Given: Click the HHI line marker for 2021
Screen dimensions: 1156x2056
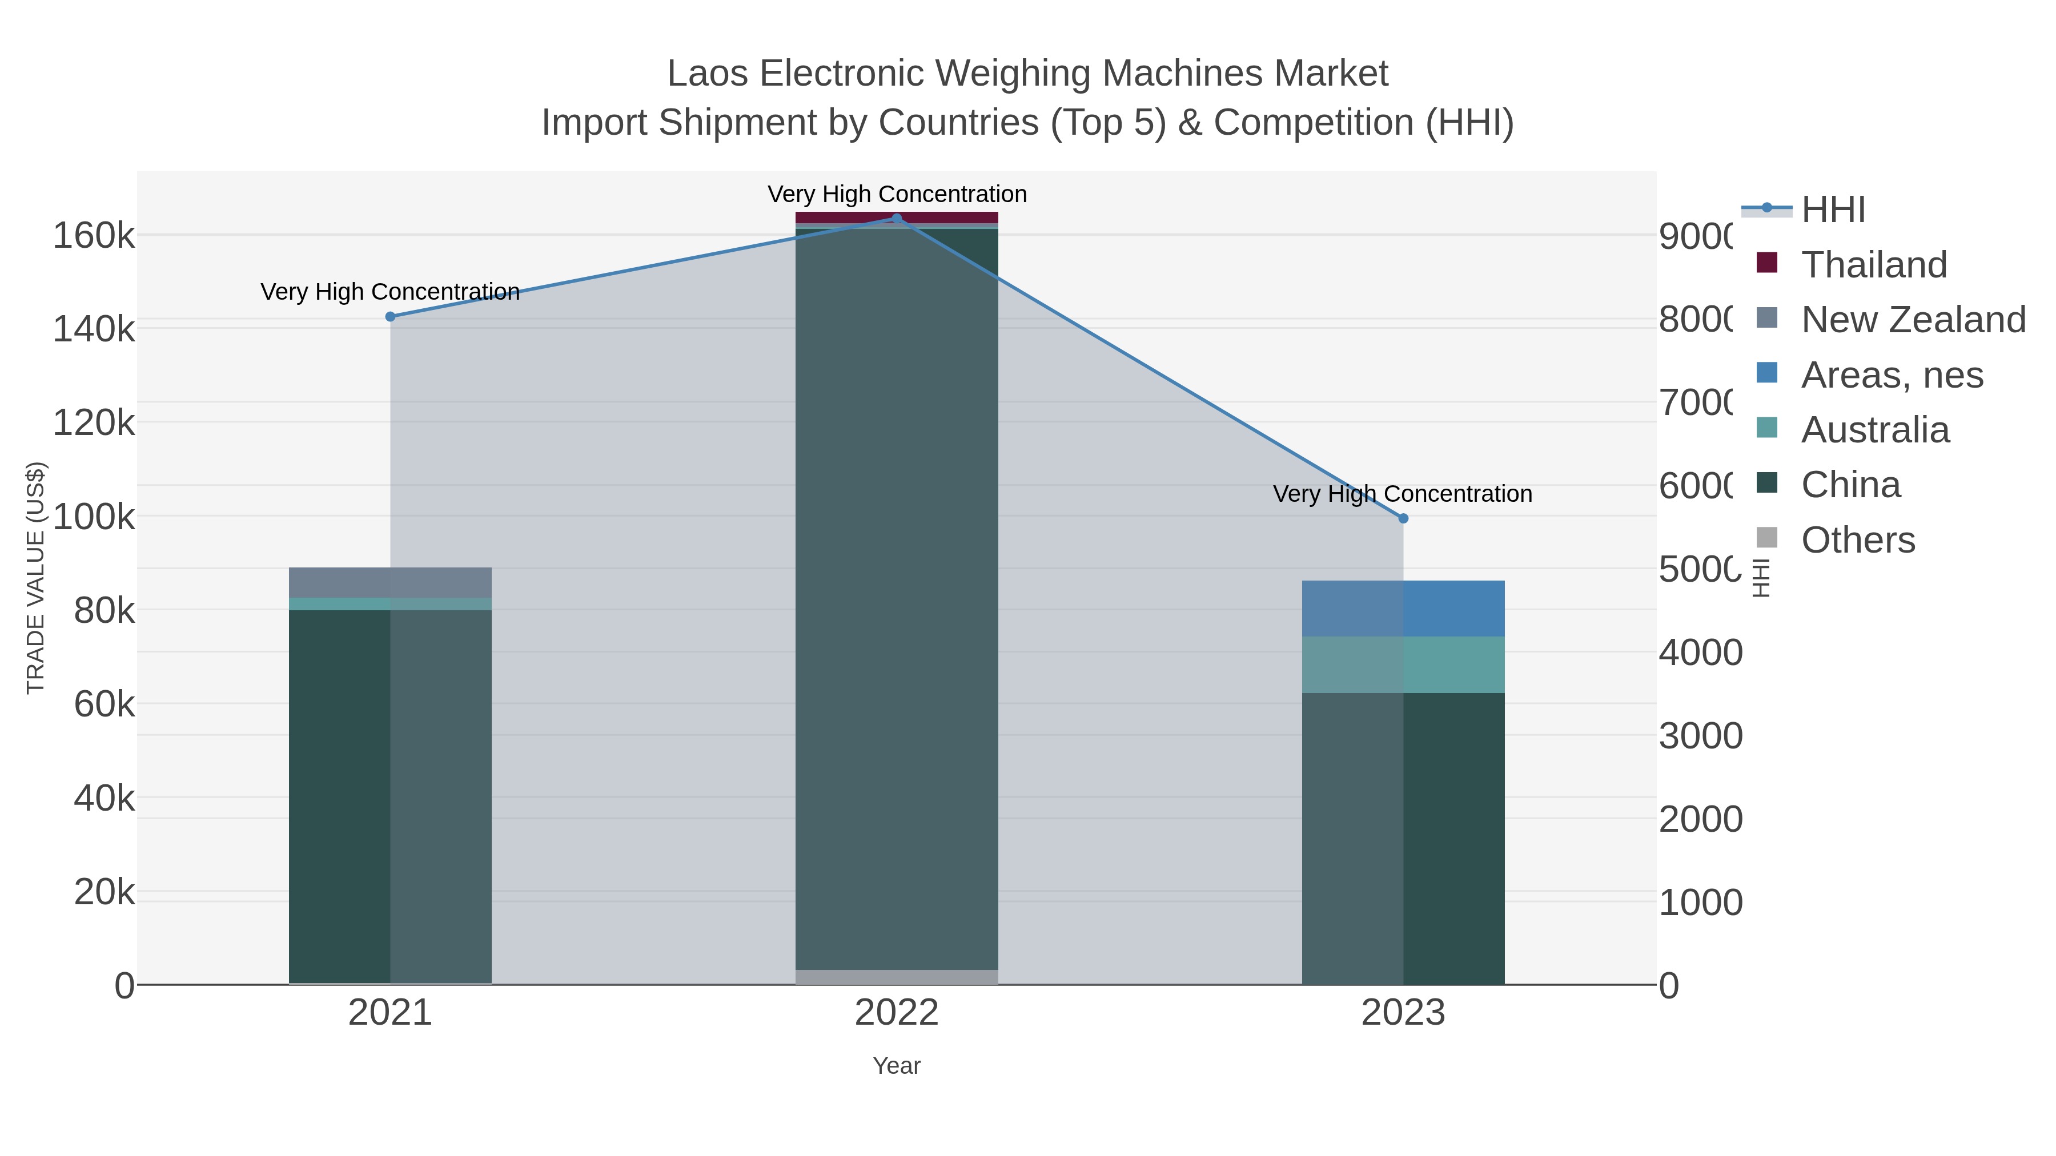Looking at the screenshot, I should [x=390, y=317].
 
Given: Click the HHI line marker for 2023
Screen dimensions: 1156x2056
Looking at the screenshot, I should [x=1403, y=518].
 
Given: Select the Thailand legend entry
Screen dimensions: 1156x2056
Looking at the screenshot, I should [x=1873, y=265].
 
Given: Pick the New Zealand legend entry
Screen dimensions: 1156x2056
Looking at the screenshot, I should [x=1912, y=320].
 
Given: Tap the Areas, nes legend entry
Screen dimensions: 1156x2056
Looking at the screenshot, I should [x=1891, y=375].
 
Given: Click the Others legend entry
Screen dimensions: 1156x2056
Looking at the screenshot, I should [x=1857, y=540].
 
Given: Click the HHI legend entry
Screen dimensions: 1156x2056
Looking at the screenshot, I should [x=1833, y=210].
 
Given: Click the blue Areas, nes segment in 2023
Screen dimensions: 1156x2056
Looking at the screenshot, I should [x=1452, y=608].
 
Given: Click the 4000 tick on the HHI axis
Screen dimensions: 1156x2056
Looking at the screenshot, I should [x=1700, y=652].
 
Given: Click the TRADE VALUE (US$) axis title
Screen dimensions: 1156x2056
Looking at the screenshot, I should [x=36, y=578].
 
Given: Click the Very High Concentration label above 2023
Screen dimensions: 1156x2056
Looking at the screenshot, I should [x=1402, y=494].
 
